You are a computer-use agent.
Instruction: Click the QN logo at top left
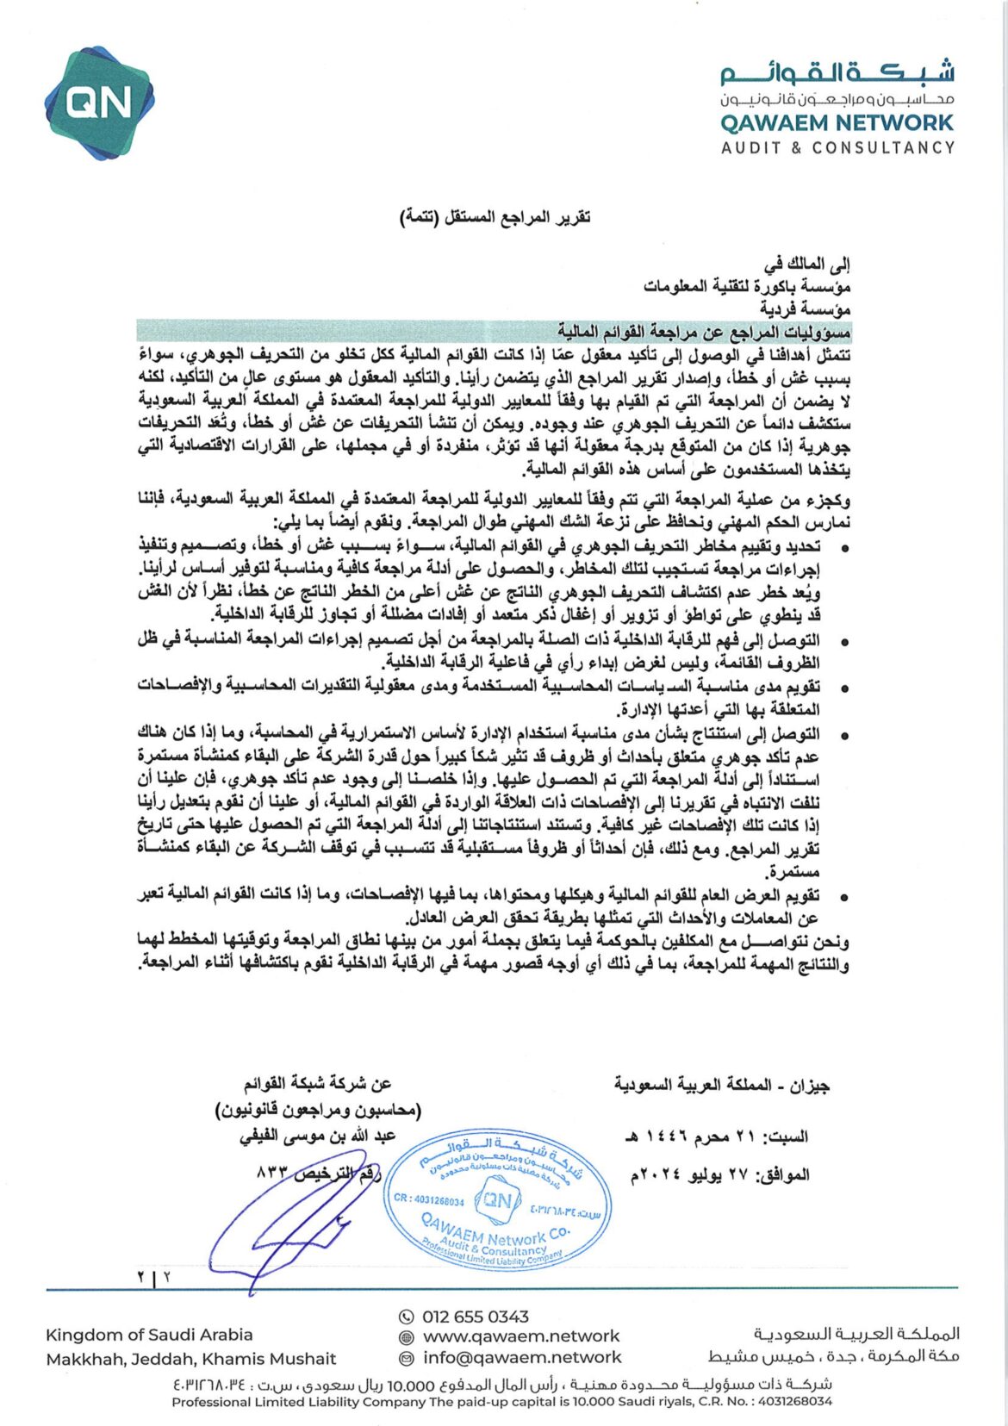point(99,103)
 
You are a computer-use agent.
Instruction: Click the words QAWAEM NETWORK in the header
point(837,123)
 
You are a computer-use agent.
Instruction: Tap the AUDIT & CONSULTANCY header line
point(837,148)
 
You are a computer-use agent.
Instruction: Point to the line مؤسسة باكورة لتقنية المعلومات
point(747,286)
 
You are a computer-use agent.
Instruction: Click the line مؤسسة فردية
point(805,308)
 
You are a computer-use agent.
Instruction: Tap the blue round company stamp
point(497,1199)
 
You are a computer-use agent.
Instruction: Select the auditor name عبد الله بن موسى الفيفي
point(317,1136)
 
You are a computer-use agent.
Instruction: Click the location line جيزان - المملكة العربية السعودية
point(722,1086)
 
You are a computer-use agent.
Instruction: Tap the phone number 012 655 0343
point(475,1317)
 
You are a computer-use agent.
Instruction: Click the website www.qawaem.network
point(520,1336)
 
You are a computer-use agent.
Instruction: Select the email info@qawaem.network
point(521,1357)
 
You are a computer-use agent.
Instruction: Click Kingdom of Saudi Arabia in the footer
point(149,1335)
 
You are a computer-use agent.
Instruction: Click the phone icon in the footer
point(407,1317)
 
